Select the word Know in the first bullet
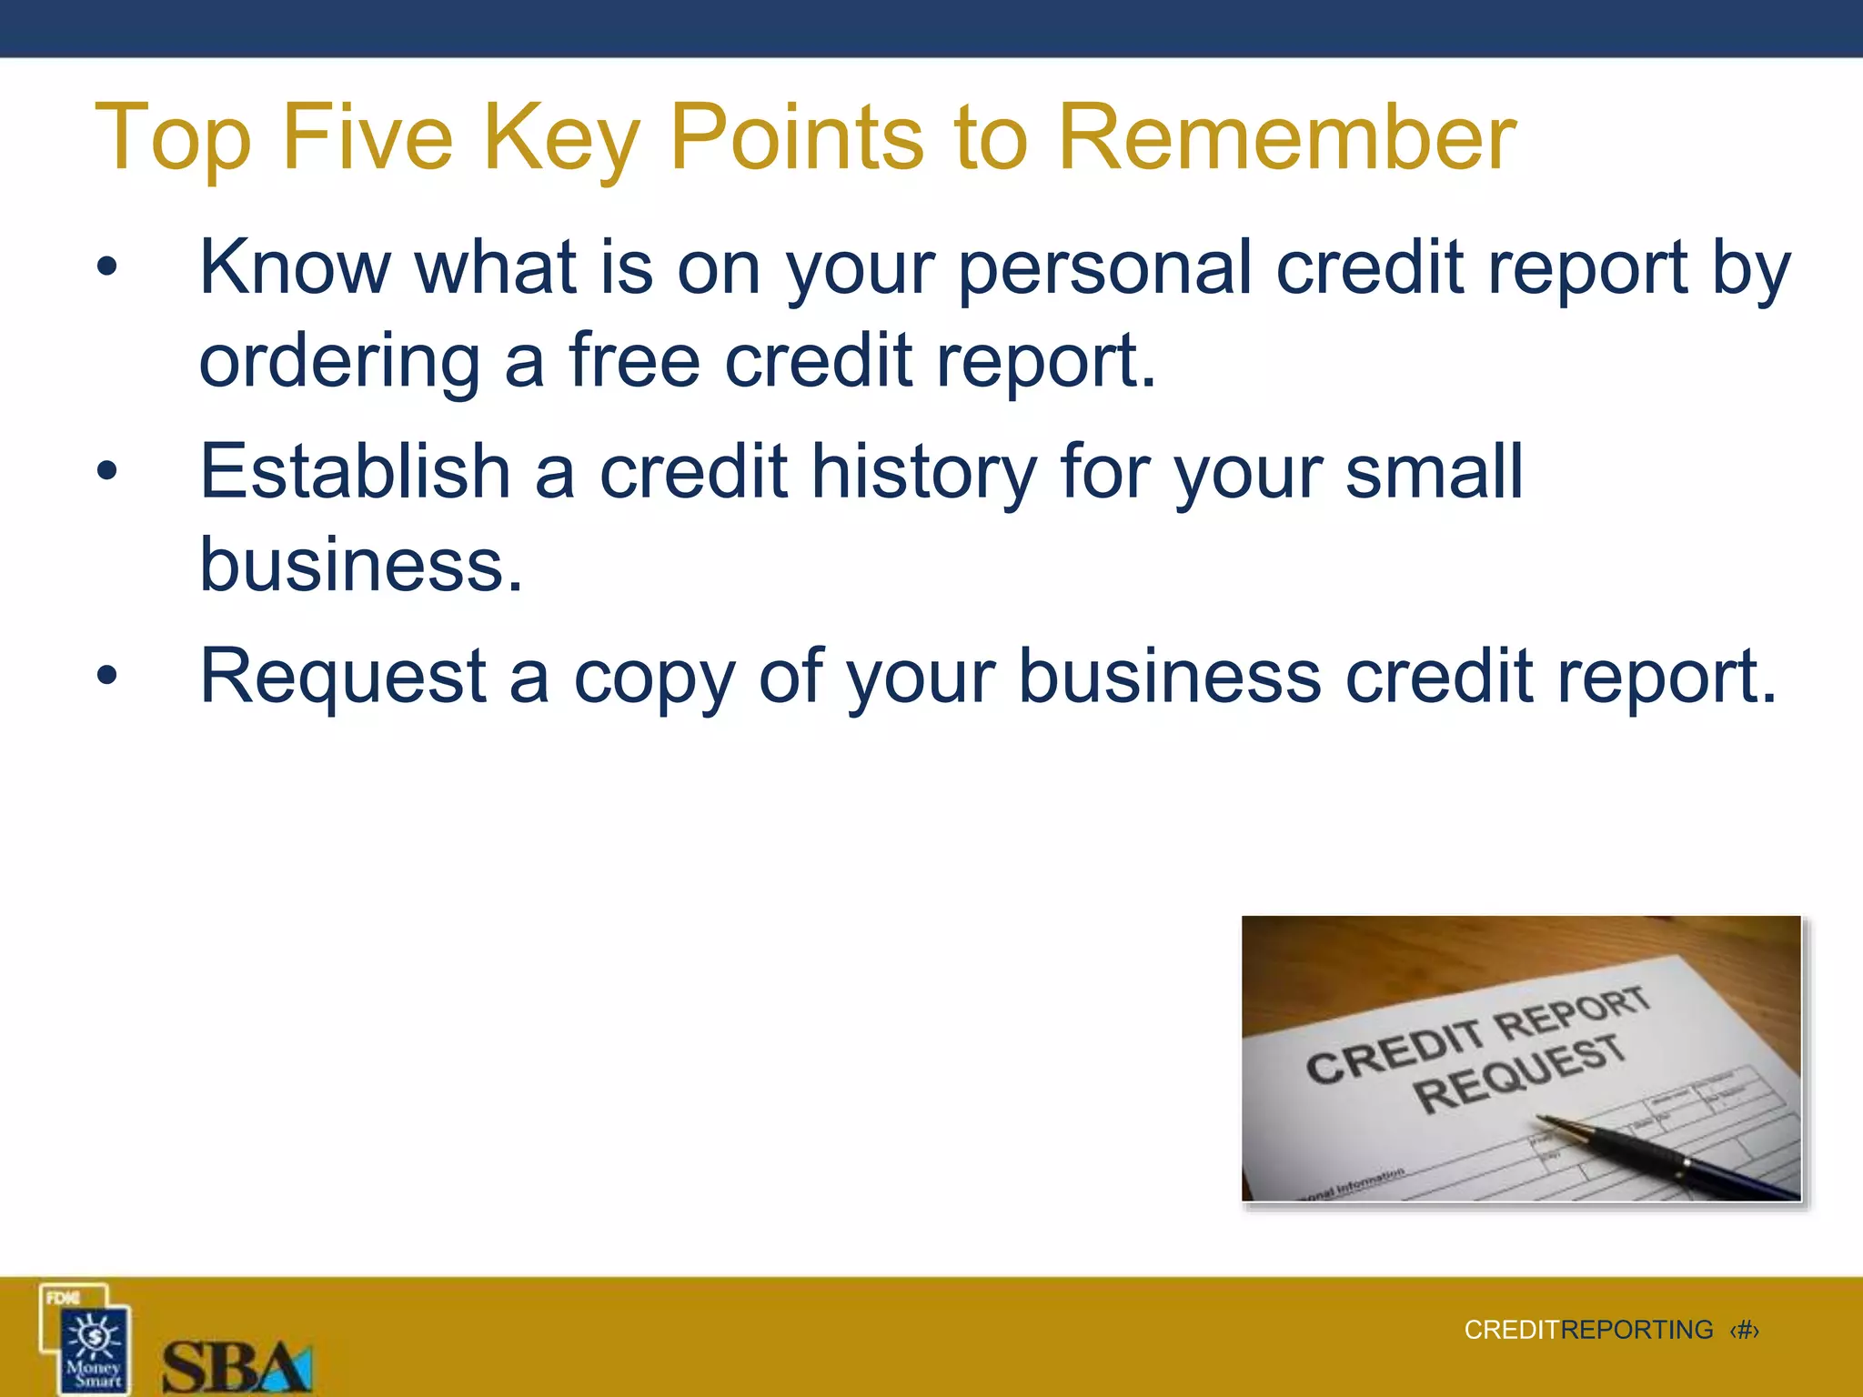294,267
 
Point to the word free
635,360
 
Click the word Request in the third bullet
343,677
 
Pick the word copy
653,677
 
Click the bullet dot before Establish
107,471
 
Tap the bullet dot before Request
107,676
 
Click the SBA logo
237,1365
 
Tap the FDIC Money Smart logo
86,1338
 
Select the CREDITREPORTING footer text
1588,1330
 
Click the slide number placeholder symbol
1744,1330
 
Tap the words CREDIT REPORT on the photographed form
1477,1033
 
